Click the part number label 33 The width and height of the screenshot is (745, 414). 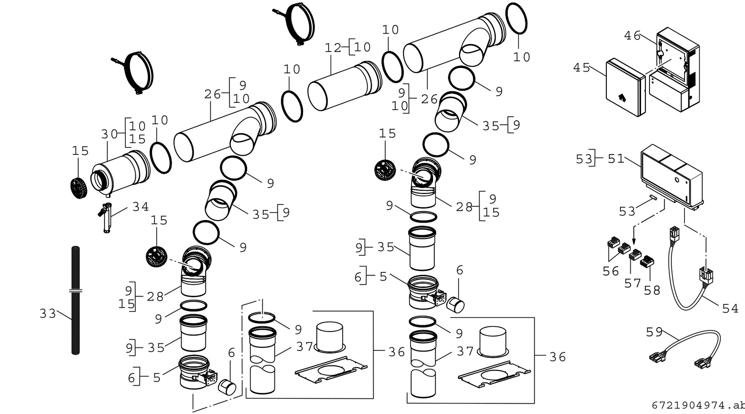tap(48, 314)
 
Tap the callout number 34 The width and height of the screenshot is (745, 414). tap(140, 207)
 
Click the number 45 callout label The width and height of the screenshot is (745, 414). tap(582, 68)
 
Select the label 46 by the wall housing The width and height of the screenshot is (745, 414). tap(632, 36)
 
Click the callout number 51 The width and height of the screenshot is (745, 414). tap(616, 159)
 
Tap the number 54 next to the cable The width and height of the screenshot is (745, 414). tap(730, 309)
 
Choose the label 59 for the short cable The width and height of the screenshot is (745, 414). tap(655, 333)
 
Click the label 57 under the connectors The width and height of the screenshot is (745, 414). tap(632, 284)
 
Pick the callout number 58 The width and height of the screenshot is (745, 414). tap(652, 291)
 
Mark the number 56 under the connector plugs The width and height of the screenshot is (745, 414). tap(611, 272)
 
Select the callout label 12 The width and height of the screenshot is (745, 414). tap(333, 48)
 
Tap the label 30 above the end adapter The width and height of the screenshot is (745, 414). tap(109, 134)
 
